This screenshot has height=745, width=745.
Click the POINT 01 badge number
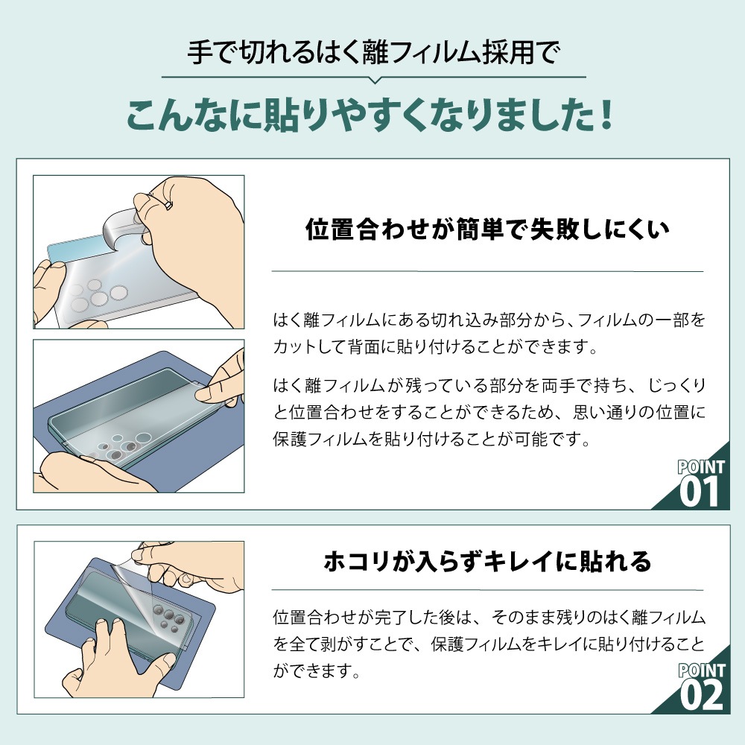[700, 492]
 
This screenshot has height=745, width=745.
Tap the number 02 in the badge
[702, 694]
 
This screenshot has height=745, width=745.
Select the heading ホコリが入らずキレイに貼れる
[487, 561]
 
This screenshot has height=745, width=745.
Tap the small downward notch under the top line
[374, 78]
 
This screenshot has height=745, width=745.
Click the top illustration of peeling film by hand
[139, 252]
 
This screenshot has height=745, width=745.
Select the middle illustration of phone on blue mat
[139, 416]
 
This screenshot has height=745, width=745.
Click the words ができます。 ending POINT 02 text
[317, 672]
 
